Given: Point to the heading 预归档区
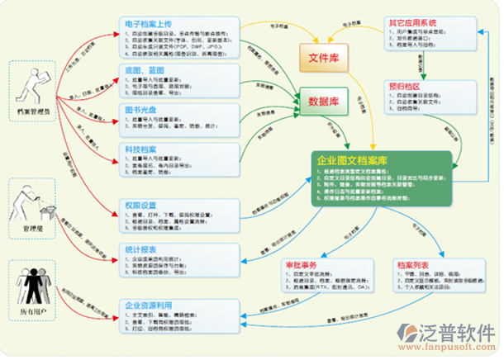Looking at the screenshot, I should coord(403,84).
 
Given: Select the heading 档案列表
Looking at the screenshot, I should coord(414,264).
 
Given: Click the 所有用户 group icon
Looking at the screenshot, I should coord(31,283).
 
